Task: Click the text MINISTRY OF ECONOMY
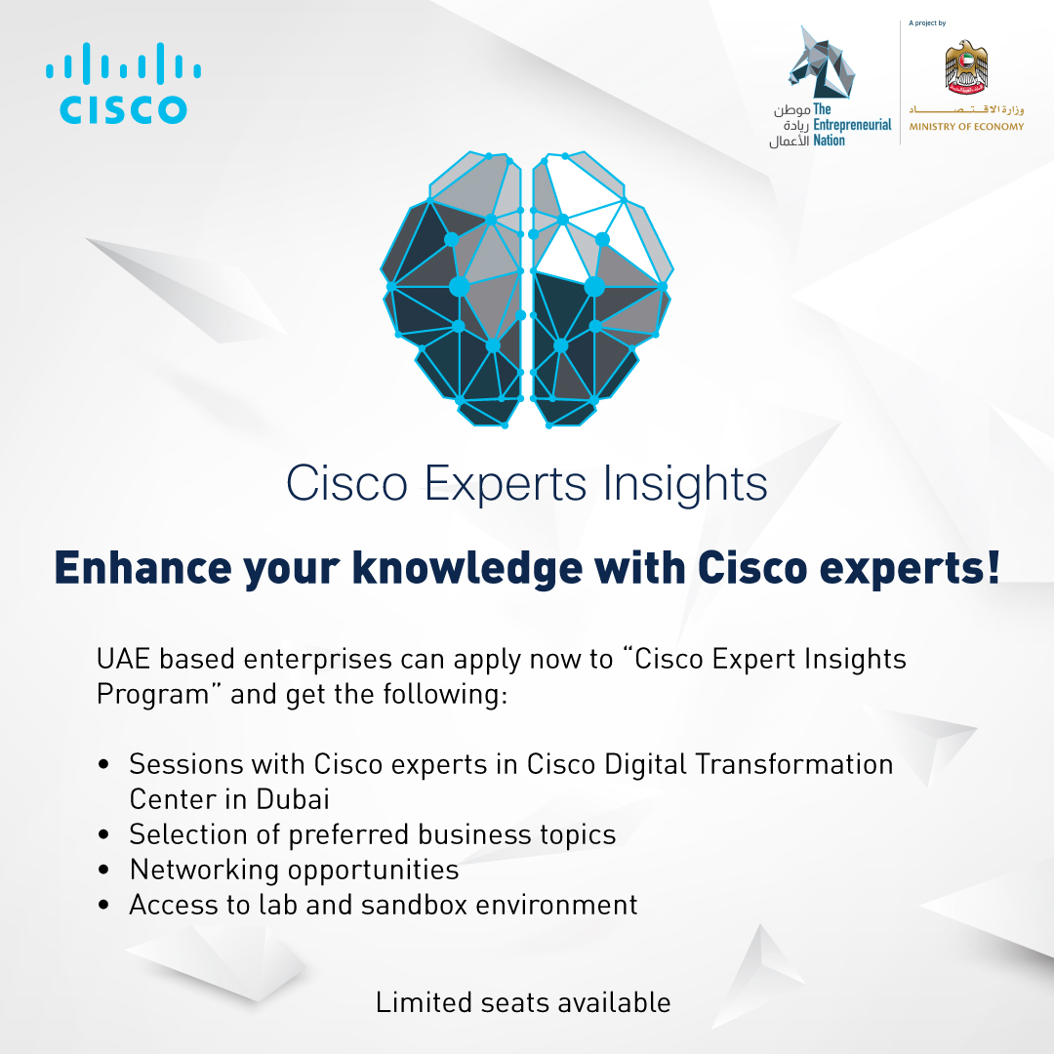[x=966, y=127]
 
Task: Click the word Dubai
[x=293, y=799]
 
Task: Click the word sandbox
[x=414, y=905]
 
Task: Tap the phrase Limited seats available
[x=523, y=1002]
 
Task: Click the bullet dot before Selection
[x=103, y=835]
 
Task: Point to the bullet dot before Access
[x=103, y=906]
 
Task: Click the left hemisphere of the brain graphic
[x=455, y=293]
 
